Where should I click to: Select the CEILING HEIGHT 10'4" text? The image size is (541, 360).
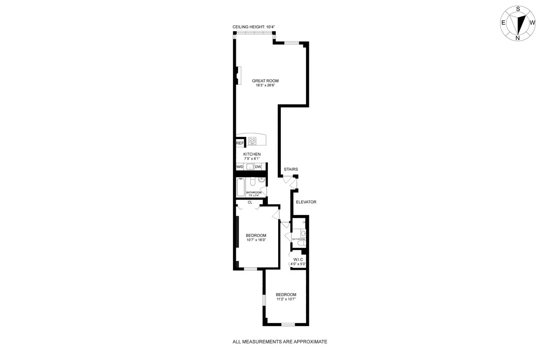click(x=254, y=27)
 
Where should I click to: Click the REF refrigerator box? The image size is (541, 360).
click(x=240, y=143)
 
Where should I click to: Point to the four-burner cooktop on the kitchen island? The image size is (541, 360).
click(x=252, y=141)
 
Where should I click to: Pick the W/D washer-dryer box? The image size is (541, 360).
click(x=240, y=167)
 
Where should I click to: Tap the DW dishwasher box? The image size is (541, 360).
click(x=258, y=167)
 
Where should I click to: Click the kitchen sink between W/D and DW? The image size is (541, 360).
click(x=249, y=167)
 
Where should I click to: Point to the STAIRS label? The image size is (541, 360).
click(x=291, y=169)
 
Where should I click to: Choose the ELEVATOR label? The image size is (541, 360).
click(x=306, y=202)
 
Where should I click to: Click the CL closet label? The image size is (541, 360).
click(x=250, y=202)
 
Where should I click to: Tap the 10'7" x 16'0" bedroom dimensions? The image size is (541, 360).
click(x=256, y=240)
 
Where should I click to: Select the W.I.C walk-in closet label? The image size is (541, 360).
click(x=298, y=259)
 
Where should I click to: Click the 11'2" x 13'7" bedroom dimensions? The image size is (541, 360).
click(x=286, y=299)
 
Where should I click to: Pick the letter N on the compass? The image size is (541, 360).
click(x=518, y=38)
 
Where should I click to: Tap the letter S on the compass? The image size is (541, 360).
click(x=518, y=9)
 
